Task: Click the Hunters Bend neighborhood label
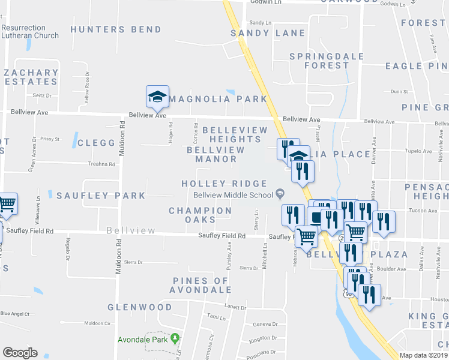click(116, 29)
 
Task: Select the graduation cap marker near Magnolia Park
click(157, 97)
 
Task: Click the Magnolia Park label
click(217, 99)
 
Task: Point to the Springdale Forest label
click(319, 61)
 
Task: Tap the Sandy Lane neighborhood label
click(268, 33)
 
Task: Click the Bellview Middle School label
click(234, 194)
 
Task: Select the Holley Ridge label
click(224, 184)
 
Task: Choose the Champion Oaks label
click(200, 215)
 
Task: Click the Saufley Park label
click(101, 196)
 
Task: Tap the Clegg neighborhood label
click(96, 143)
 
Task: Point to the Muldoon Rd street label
click(121, 139)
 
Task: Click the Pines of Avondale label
click(200, 285)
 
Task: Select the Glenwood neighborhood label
click(140, 307)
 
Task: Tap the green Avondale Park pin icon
click(175, 338)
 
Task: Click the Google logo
click(20, 352)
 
